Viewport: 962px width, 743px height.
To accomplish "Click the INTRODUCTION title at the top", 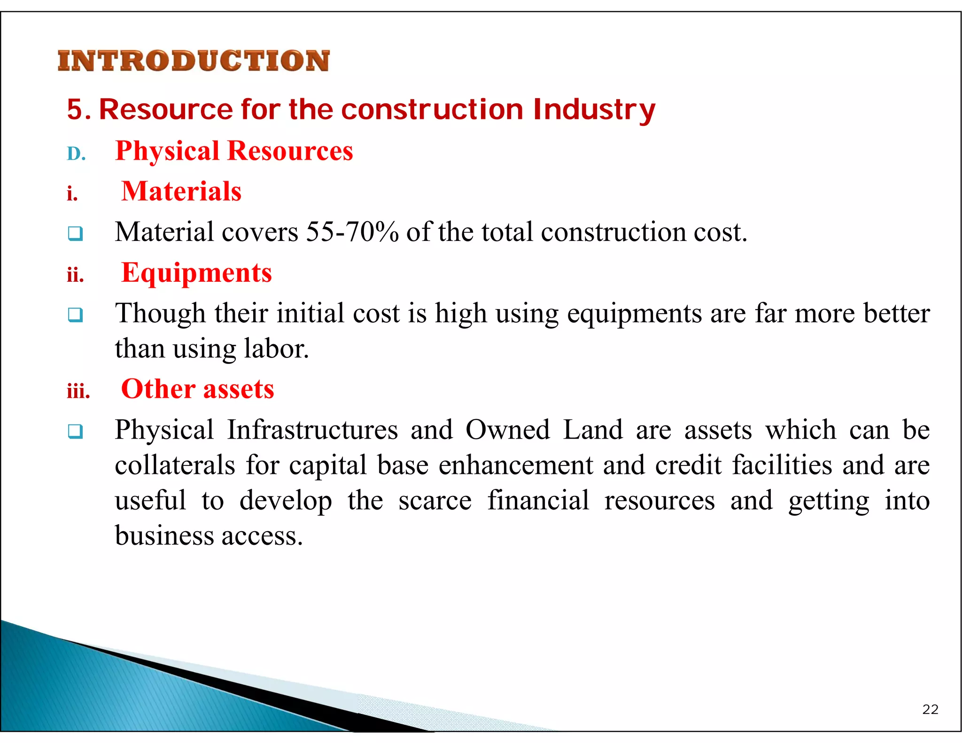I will tap(194, 61).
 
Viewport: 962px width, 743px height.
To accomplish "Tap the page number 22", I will tap(930, 709).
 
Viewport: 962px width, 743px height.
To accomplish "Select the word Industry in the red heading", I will tap(594, 110).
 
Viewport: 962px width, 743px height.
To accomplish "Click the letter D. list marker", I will tap(76, 154).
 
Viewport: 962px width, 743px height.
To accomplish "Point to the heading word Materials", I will tap(181, 192).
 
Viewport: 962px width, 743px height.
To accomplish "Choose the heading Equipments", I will tap(196, 273).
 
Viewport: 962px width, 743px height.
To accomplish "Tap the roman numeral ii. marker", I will tap(75, 275).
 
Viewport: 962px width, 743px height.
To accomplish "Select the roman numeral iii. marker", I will tap(78, 391).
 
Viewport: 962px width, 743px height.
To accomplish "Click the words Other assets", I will tap(197, 389).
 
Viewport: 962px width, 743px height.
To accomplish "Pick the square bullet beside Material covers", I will tap(75, 233).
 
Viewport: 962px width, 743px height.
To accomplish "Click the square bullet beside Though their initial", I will tap(75, 314).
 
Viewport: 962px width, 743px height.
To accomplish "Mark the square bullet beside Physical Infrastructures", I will tap(75, 431).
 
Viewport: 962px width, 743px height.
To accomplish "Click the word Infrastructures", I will tap(312, 430).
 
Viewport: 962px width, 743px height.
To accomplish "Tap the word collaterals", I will tap(175, 465).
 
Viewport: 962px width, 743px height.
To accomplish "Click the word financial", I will tap(538, 500).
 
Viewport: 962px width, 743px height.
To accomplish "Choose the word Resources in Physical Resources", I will tap(290, 151).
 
